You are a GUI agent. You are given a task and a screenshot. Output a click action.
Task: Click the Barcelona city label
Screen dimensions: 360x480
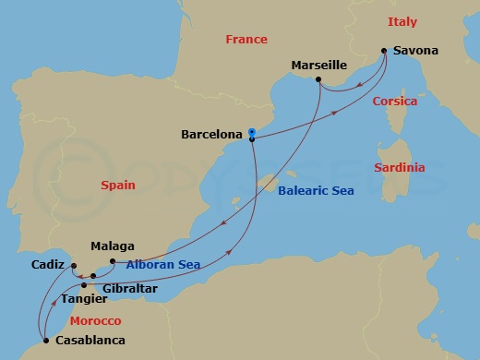click(212, 134)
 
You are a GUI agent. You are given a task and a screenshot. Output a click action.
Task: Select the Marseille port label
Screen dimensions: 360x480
click(318, 66)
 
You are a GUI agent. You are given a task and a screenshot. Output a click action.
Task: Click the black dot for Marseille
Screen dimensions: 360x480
click(318, 80)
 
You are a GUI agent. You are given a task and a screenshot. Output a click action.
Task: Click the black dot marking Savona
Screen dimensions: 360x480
click(384, 51)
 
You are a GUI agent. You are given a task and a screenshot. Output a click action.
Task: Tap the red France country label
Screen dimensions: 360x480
click(246, 40)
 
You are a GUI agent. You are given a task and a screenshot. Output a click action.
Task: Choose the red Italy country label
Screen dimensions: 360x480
click(402, 20)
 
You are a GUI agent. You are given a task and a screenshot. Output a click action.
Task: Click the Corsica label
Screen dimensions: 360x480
click(395, 102)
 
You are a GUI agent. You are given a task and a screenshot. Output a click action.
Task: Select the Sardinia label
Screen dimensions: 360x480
click(400, 168)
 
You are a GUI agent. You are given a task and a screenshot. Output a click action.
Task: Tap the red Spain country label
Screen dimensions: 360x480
click(117, 186)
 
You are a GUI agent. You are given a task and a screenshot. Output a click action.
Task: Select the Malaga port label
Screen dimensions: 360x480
click(113, 246)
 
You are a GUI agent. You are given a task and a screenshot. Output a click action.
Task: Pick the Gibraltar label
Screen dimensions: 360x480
click(130, 288)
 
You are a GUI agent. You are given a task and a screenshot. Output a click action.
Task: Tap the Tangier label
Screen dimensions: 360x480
click(84, 299)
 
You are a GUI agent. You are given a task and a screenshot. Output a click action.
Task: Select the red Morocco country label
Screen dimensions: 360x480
click(95, 320)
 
